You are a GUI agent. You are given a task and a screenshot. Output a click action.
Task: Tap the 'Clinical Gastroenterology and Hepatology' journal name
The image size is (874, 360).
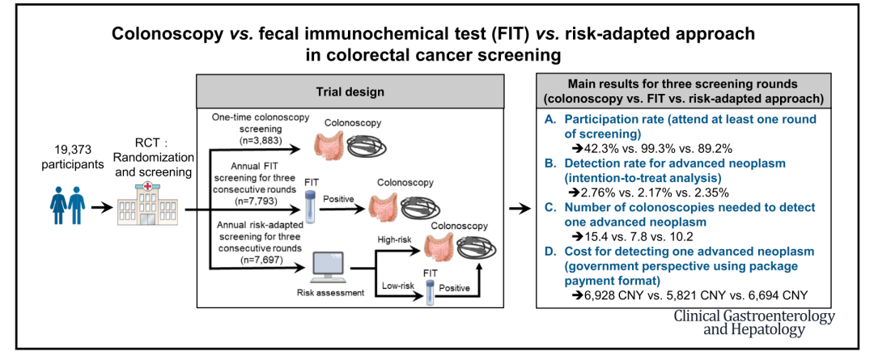753,323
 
